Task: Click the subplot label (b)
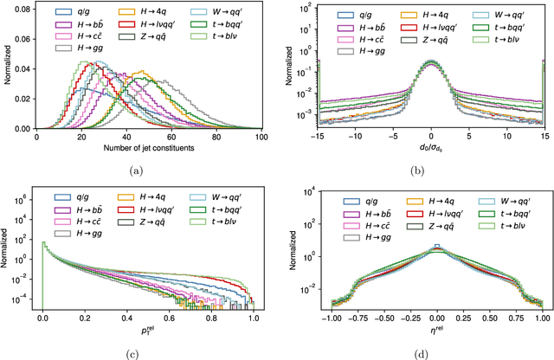pyautogui.click(x=430, y=170)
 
